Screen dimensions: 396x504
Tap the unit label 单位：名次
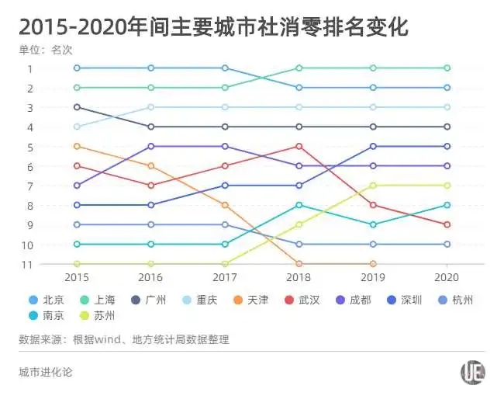46,50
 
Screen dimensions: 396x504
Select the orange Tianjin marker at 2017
225,205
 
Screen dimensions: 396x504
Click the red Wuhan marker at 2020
447,224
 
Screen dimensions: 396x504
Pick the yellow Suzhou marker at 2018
299,224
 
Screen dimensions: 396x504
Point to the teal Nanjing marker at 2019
373,224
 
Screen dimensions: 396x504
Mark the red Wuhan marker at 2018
299,146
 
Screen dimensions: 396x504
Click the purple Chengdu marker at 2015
77,186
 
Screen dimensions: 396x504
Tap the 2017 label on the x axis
225,277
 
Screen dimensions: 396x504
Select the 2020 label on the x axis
447,277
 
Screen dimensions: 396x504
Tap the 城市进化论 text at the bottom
45,372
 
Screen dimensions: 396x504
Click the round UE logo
472,373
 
